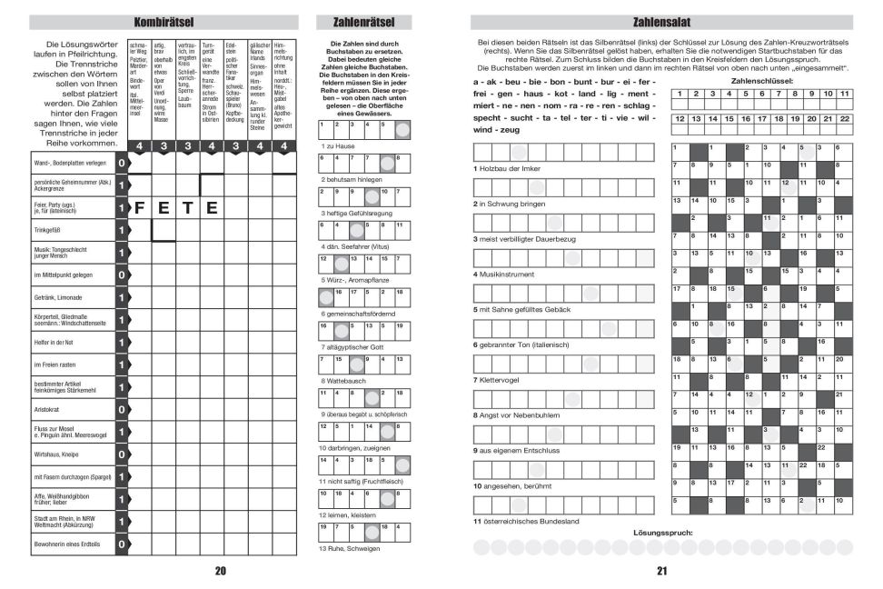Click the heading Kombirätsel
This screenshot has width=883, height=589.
[x=163, y=21]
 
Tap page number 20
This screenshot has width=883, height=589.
[x=220, y=571]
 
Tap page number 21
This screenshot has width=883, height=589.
[x=662, y=571]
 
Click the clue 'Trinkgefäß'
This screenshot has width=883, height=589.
[x=49, y=231]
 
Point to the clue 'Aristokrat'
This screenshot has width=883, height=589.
[x=49, y=410]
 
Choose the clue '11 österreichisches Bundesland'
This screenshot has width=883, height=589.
[x=526, y=521]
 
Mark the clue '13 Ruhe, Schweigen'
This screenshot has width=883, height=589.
[x=350, y=549]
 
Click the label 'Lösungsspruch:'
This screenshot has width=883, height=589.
[x=662, y=532]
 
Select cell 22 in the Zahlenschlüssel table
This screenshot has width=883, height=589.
[x=845, y=118]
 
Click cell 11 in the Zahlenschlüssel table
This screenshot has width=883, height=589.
[x=845, y=93]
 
